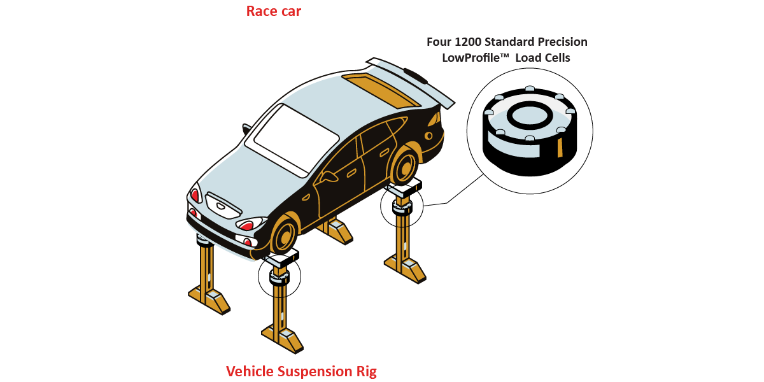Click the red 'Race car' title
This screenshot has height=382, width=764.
(274, 11)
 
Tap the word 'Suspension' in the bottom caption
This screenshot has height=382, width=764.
(309, 371)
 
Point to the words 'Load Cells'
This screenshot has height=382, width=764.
(543, 58)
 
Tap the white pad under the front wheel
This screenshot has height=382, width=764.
(280, 259)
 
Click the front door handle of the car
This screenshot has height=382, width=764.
(351, 173)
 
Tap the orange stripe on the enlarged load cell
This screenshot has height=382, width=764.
(560, 148)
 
